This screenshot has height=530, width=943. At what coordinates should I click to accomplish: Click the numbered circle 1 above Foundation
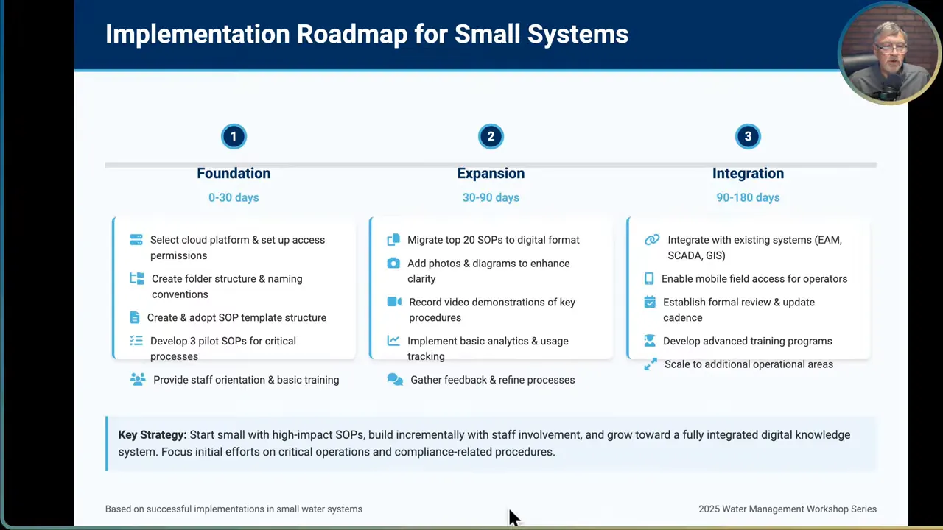point(234,136)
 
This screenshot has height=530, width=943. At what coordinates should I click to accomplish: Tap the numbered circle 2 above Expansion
point(491,136)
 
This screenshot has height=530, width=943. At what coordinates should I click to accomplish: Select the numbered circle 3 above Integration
point(748,136)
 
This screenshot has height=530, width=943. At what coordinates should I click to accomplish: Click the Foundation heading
point(234,173)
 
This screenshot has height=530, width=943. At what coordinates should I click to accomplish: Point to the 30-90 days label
point(491,197)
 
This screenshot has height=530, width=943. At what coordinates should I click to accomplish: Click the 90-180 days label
point(748,197)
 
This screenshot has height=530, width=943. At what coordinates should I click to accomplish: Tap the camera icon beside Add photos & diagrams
point(393,263)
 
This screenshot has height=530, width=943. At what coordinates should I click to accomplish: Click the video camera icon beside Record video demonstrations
point(394,302)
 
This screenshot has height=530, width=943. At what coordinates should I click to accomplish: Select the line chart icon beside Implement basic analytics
point(393,341)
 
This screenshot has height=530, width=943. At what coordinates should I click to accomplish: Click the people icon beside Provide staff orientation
point(138,379)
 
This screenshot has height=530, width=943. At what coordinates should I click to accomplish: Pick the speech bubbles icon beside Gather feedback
point(395,380)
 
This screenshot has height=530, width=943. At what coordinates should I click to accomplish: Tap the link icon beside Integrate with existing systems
point(652,240)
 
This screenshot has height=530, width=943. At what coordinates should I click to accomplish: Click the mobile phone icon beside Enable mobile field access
point(649,278)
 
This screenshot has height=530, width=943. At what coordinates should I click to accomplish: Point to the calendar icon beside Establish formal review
point(650,302)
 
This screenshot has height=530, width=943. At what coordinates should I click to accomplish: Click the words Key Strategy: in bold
point(153,434)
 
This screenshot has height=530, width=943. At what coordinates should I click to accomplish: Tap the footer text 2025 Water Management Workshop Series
point(787,509)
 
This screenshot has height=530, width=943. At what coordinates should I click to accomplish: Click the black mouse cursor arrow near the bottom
point(513,516)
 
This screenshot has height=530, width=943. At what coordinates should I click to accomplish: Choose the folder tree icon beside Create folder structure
point(137,278)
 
